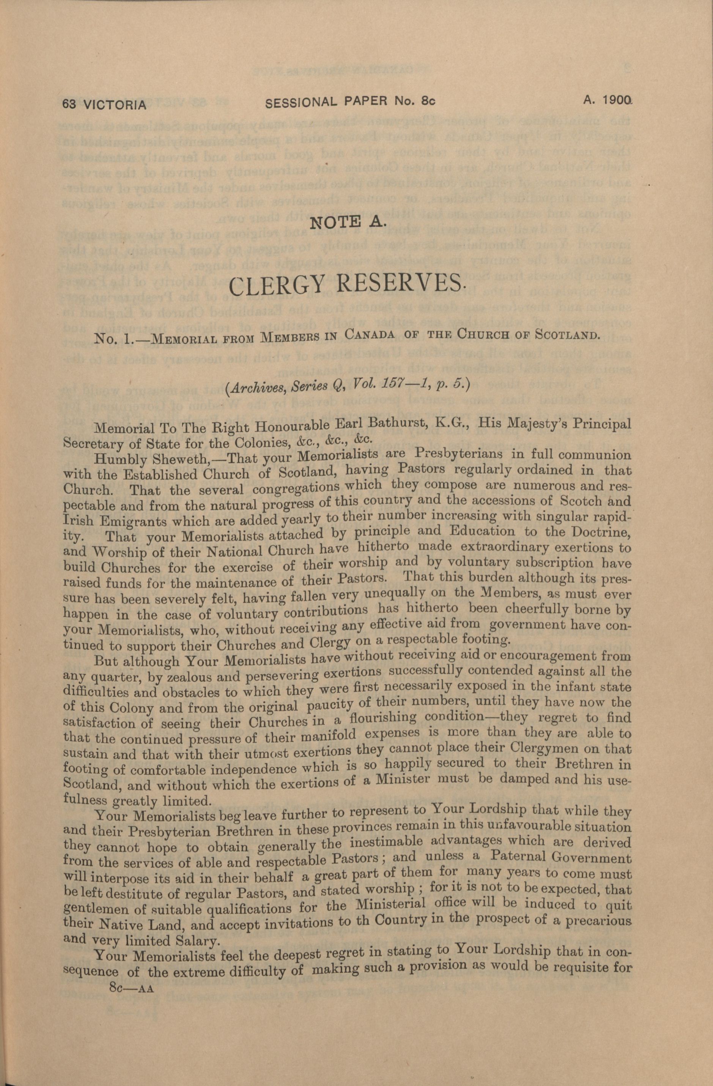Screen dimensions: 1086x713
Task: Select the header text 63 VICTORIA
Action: click(105, 105)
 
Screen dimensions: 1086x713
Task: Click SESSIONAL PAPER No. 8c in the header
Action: click(350, 103)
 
